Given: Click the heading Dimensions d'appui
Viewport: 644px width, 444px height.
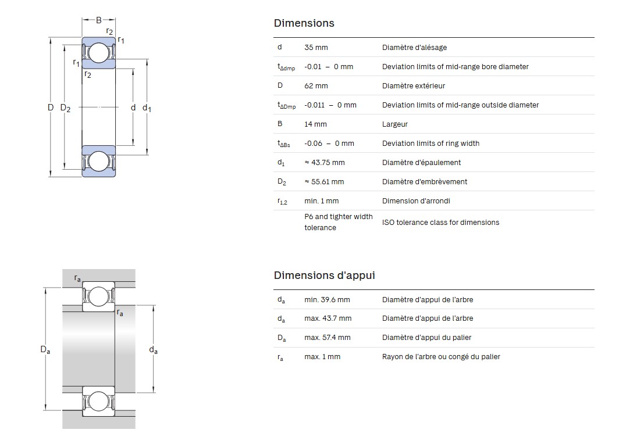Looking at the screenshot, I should click(324, 275).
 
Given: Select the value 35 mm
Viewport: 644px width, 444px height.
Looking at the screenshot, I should click(316, 47).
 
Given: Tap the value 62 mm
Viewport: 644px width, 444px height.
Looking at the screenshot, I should click(316, 85).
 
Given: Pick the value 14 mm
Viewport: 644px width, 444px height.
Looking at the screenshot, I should click(315, 124).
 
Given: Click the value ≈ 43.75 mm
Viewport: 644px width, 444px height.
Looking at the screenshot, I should click(325, 162).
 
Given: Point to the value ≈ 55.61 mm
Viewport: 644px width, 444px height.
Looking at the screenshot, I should click(324, 181).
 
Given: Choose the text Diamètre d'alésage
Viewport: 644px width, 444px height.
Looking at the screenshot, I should click(414, 47).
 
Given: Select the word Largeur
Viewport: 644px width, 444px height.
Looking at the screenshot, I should click(394, 124).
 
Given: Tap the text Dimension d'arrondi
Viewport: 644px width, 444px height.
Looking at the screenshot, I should click(416, 200).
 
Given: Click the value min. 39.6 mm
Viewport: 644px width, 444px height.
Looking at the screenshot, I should click(327, 299).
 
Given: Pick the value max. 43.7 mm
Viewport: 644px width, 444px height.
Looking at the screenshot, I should click(328, 318).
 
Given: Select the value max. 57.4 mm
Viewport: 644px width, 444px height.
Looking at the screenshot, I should click(327, 337).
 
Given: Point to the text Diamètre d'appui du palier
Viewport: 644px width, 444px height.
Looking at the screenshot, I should click(426, 337).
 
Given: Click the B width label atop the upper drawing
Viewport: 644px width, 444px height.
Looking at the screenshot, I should click(98, 20).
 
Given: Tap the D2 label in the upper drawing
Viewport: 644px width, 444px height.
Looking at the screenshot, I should click(65, 108).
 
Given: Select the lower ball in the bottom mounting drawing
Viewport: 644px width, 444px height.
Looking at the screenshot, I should click(98, 402).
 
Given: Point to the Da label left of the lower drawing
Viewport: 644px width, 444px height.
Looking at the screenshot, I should click(45, 349).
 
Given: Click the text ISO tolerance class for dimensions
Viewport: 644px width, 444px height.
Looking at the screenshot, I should click(440, 222).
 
